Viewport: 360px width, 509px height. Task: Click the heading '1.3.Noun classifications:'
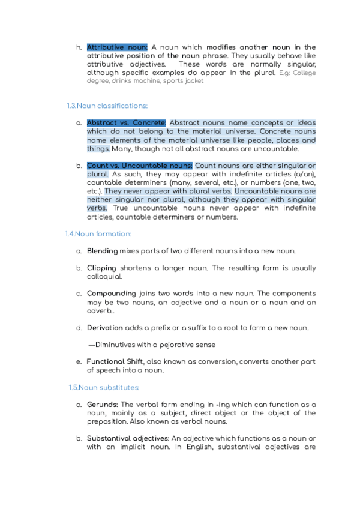click(107, 106)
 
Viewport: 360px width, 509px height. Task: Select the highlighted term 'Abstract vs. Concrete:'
click(127, 123)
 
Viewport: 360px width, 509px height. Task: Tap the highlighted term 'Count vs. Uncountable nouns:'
click(140, 166)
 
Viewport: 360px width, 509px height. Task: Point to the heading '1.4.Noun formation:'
click(98, 234)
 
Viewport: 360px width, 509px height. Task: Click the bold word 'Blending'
click(102, 251)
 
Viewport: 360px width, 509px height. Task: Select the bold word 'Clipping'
click(102, 268)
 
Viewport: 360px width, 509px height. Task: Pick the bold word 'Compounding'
click(112, 294)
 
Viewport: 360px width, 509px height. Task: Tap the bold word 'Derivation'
click(105, 328)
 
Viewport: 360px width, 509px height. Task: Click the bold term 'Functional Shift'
click(115, 362)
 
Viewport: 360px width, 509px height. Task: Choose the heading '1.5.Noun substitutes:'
click(103, 388)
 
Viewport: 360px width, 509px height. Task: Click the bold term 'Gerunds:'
click(103, 405)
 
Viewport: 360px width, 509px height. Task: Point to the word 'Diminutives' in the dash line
click(117, 345)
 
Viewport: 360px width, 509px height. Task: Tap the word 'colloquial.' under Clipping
click(104, 277)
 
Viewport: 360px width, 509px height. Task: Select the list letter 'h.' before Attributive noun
click(79, 47)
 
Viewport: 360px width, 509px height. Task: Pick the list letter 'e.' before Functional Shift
click(79, 362)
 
